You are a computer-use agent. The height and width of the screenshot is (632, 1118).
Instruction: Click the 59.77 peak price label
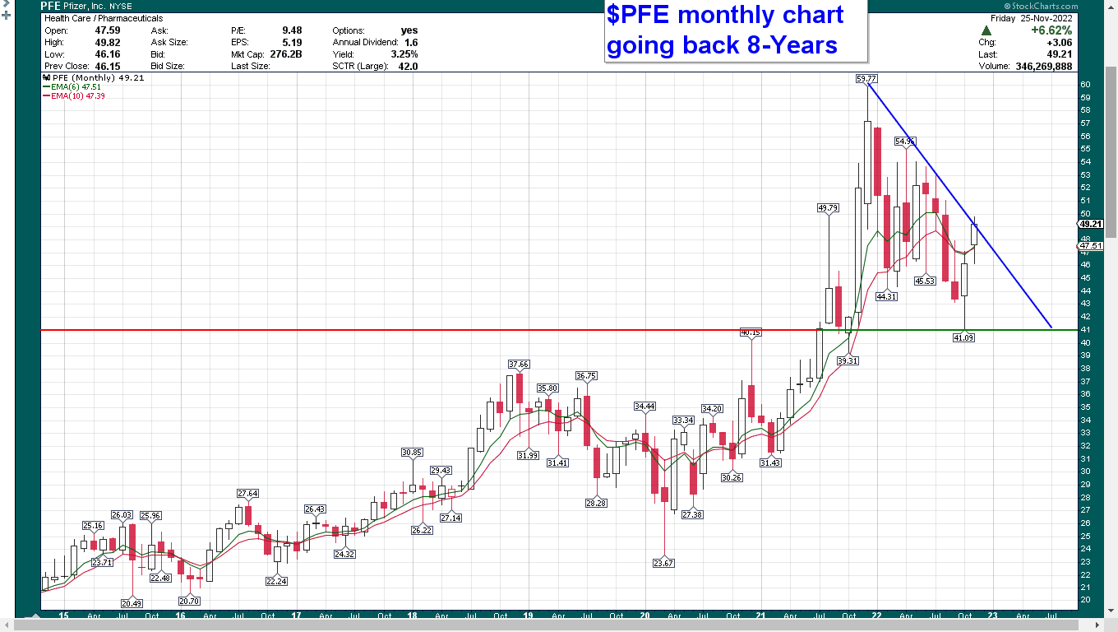tap(866, 79)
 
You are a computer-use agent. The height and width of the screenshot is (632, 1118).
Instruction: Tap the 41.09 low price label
tap(963, 337)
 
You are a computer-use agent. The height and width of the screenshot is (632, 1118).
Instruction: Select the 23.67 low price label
tap(663, 563)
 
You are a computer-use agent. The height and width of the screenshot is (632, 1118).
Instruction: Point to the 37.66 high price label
tap(519, 364)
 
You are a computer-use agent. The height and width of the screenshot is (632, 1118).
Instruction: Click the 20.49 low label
tap(132, 602)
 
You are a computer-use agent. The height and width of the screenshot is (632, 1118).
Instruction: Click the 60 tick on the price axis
tap(1086, 85)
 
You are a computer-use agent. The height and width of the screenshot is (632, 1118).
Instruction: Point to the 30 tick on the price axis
tap(1086, 472)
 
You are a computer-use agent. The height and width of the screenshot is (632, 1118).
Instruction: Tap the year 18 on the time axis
tap(412, 616)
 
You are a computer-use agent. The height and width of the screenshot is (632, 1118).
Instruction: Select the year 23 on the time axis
tap(992, 616)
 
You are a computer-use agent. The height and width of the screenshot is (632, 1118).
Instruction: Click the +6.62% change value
tap(1052, 30)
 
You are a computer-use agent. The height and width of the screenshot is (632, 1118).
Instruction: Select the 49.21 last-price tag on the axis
tap(1091, 224)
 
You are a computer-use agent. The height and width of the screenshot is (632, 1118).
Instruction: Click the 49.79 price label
tap(828, 208)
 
